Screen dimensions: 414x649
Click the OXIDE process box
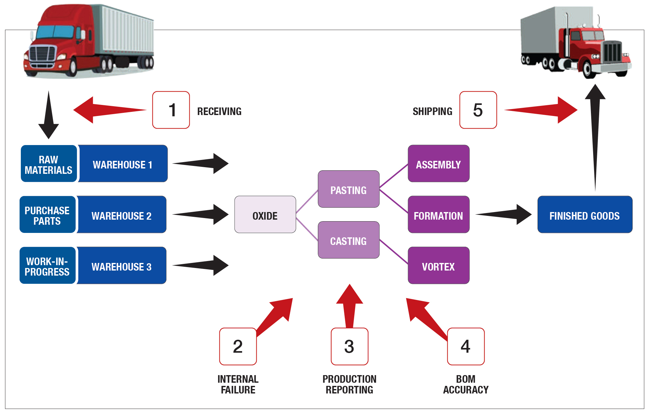click(x=265, y=215)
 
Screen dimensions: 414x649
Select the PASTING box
click(x=348, y=189)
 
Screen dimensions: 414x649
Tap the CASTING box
click(x=348, y=240)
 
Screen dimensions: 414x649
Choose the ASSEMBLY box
click(x=438, y=164)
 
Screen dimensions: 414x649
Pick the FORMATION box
click(x=438, y=215)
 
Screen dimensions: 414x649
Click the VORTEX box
click(x=438, y=265)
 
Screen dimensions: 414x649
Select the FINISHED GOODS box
click(x=585, y=215)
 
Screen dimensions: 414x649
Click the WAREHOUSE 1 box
click(x=123, y=164)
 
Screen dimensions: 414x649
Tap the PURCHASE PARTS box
click(x=47, y=215)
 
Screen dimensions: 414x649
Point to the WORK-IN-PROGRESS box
click(x=47, y=265)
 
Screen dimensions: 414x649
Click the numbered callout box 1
click(x=171, y=110)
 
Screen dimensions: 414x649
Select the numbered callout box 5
click(x=478, y=110)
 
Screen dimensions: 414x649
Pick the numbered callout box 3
click(x=349, y=346)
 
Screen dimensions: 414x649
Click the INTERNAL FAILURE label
click(x=238, y=384)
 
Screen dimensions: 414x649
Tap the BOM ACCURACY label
click(x=466, y=384)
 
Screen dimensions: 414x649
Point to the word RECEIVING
click(x=219, y=111)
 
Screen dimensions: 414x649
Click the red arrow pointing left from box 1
click(x=104, y=110)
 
